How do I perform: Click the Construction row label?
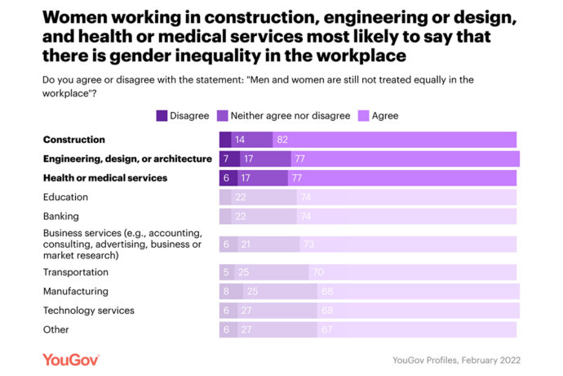coord(74,140)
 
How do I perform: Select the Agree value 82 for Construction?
coord(283,140)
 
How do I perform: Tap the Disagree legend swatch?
coord(162,116)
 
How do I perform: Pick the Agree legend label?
coord(384,116)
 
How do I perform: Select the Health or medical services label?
coord(105,177)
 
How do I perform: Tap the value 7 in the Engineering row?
coord(226,159)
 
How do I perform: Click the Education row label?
coord(65,197)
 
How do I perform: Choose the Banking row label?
coord(60,216)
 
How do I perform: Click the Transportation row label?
coord(75,272)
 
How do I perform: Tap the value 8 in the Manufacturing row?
coord(226,291)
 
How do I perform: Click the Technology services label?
coord(89,311)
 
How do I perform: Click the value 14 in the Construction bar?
coord(239,140)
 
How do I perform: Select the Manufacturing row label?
coord(75,291)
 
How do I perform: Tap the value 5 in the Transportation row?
coord(225,272)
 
